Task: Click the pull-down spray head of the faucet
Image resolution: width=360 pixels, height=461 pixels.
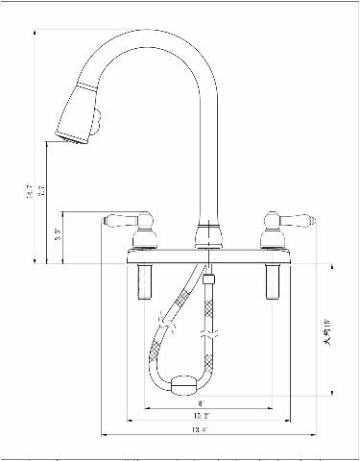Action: coord(77,113)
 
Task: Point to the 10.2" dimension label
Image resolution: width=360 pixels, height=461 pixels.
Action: coord(201,417)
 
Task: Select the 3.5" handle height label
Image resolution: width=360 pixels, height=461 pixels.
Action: coord(58,233)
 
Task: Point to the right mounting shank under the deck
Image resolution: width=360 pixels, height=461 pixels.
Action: coord(269,279)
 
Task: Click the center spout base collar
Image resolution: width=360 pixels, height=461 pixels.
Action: coord(204,235)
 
